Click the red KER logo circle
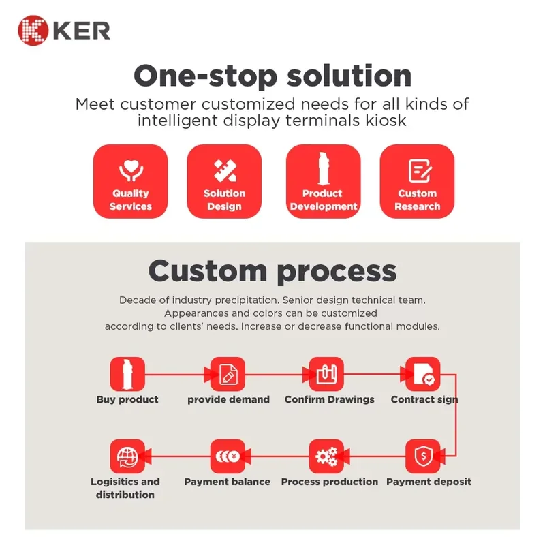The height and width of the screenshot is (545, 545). pyautogui.click(x=33, y=30)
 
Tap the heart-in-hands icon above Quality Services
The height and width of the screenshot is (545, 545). pyautogui.click(x=131, y=170)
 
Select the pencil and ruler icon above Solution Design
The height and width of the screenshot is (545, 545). pyautogui.click(x=225, y=171)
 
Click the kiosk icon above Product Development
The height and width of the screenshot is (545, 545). pyautogui.click(x=323, y=168)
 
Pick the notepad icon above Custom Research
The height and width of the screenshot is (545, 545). pyautogui.click(x=420, y=171)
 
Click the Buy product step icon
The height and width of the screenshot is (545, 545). pyautogui.click(x=127, y=374)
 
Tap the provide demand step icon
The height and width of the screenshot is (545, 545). pyautogui.click(x=228, y=374)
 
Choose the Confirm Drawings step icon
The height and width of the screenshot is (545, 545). pyautogui.click(x=326, y=374)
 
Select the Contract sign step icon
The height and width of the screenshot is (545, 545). pyautogui.click(x=422, y=374)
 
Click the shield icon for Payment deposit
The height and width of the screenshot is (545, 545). pyautogui.click(x=422, y=456)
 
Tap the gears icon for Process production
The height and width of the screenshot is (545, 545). pyautogui.click(x=326, y=456)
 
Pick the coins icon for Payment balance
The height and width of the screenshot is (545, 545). pyautogui.click(x=228, y=456)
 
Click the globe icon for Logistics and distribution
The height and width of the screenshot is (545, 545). pyautogui.click(x=127, y=456)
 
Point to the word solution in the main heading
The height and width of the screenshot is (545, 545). pyautogui.click(x=349, y=76)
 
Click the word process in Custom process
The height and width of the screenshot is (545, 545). pyautogui.click(x=337, y=272)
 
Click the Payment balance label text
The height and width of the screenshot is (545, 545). pyautogui.click(x=228, y=482)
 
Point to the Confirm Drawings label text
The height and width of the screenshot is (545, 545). pyautogui.click(x=330, y=399)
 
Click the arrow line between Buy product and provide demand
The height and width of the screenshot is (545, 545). pyautogui.click(x=178, y=374)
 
